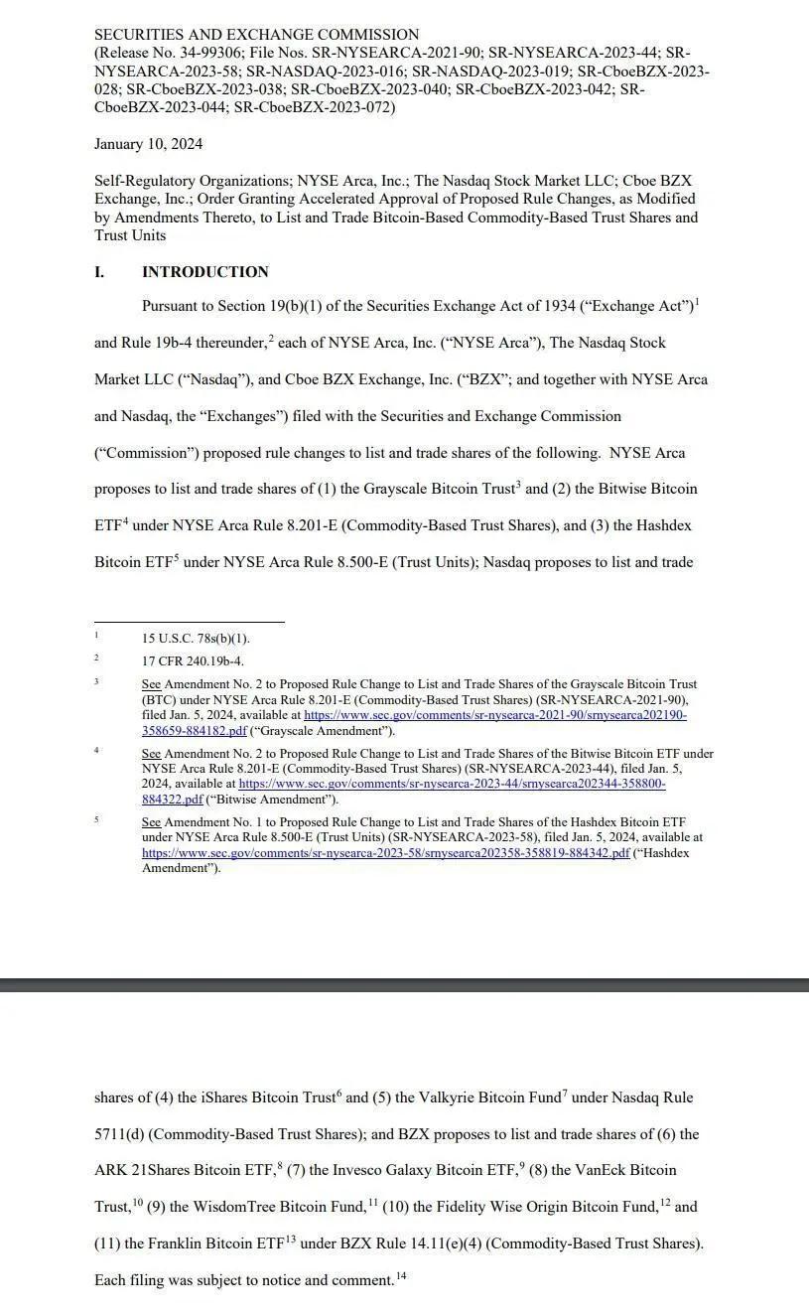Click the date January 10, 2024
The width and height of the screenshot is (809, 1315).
[x=148, y=144]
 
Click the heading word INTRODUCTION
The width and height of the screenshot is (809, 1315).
[x=204, y=272]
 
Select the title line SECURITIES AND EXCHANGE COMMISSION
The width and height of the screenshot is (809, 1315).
[x=256, y=35]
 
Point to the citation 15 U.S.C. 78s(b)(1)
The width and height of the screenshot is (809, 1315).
[x=196, y=639]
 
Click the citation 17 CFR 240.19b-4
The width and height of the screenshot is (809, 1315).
[x=193, y=660]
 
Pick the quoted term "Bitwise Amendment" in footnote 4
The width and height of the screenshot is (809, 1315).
[x=271, y=800]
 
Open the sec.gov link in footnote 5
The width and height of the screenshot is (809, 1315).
[x=385, y=853]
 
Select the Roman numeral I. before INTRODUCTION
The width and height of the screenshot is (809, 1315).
[x=99, y=272]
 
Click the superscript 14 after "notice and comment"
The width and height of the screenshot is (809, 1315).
[x=401, y=1276]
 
